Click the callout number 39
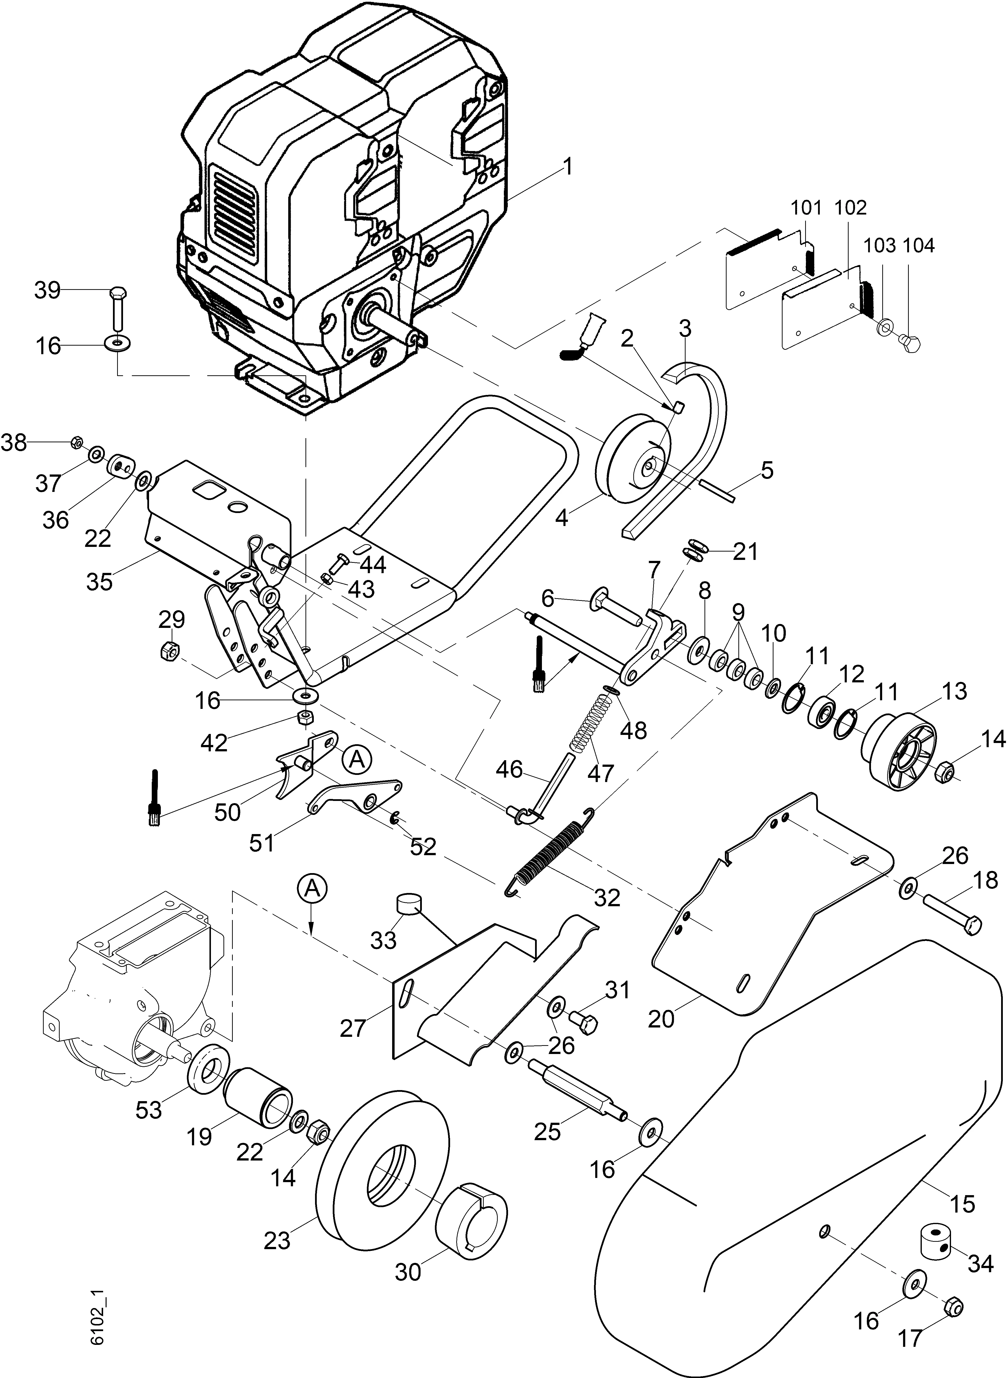[x=47, y=291]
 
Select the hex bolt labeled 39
[x=117, y=311]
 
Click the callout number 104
[x=919, y=246]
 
